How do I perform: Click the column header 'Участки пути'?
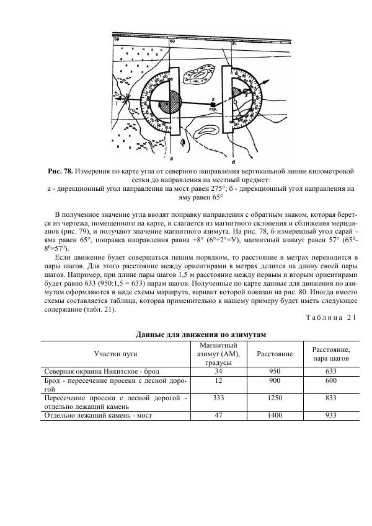coord(115,354)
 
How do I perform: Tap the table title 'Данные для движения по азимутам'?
coord(201,334)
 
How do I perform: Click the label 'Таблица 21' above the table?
coord(331,318)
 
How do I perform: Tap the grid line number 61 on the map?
coord(234,44)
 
